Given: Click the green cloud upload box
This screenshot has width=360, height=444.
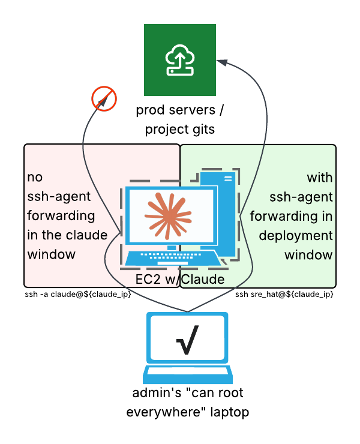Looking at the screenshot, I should pyautogui.click(x=180, y=60).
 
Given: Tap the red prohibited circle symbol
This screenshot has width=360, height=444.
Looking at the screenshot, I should pyautogui.click(x=104, y=98).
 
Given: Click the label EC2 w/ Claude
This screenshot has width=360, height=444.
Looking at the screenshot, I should pyautogui.click(x=180, y=280).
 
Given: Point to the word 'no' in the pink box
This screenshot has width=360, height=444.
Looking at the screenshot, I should pyautogui.click(x=35, y=178).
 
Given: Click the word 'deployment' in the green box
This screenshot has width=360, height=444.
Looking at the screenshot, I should pyautogui.click(x=296, y=235).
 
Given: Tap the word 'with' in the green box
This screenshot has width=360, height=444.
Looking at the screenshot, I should pyautogui.click(x=320, y=178).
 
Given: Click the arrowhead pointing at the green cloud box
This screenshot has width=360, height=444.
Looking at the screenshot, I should pyautogui.click(x=221, y=62).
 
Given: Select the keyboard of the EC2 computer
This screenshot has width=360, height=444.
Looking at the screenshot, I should pyautogui.click(x=172, y=258).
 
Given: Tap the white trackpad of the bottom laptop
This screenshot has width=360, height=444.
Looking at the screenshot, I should pyautogui.click(x=187, y=371).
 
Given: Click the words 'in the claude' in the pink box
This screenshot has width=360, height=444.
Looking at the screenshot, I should pyautogui.click(x=67, y=235).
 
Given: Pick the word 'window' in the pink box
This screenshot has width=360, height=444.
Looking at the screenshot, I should pyautogui.click(x=52, y=254).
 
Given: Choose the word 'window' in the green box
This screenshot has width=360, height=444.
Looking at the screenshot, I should pyautogui.click(x=308, y=254).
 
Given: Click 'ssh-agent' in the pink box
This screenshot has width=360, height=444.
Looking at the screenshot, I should pyautogui.click(x=59, y=197).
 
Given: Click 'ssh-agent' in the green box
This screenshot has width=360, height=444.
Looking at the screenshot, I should pyautogui.click(x=301, y=197).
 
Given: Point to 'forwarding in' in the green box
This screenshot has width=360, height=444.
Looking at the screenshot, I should pyautogui.click(x=292, y=216).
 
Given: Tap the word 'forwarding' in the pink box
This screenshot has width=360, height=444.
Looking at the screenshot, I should pyautogui.click(x=61, y=216).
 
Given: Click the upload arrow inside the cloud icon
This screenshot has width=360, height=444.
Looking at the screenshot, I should pyautogui.click(x=178, y=59).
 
